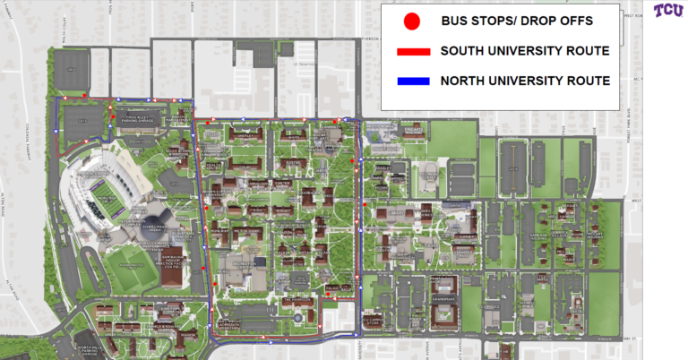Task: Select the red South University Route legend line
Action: tap(410, 51)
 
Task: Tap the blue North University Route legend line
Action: tap(410, 81)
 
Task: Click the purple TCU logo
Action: tap(667, 11)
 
